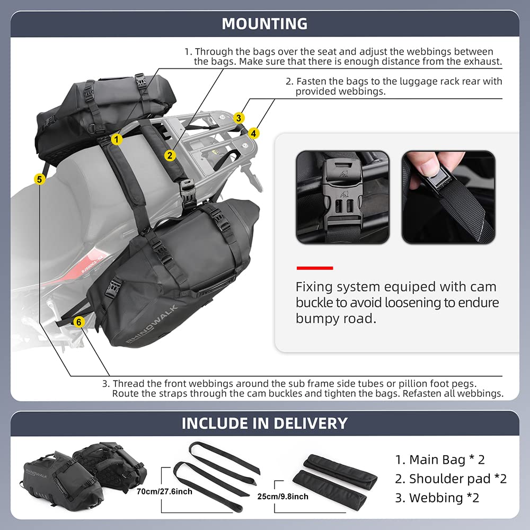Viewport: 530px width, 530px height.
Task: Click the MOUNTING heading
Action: coord(264,24)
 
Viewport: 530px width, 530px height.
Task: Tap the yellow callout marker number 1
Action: coord(117,139)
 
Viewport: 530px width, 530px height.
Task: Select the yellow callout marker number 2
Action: coord(170,155)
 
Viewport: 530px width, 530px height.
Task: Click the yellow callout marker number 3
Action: coord(240,118)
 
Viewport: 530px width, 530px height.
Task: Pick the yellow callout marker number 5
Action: coord(39,179)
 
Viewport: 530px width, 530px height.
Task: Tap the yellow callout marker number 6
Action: coord(78,322)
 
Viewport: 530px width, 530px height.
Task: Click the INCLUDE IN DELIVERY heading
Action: coord(264,423)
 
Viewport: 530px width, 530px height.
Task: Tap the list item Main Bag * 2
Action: coord(440,460)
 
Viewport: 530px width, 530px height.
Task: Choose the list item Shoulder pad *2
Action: coord(450,479)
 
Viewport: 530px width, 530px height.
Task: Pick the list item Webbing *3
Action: coord(437,498)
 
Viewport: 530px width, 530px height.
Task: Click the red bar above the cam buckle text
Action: coord(314,268)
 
